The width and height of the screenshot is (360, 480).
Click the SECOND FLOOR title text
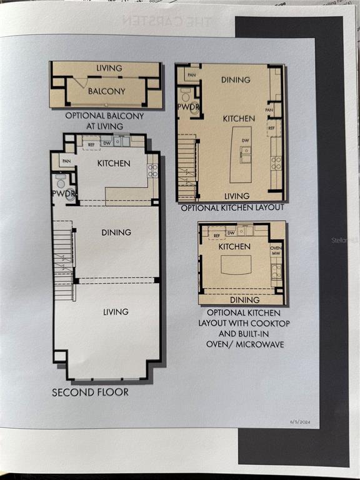(x=90, y=392)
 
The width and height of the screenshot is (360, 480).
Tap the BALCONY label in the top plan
(x=106, y=91)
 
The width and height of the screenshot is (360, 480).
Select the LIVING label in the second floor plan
(x=116, y=311)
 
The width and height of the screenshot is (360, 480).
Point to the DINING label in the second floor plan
(x=116, y=232)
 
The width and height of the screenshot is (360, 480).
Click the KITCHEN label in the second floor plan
(x=114, y=164)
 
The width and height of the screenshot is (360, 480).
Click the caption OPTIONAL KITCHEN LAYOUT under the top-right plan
(x=231, y=207)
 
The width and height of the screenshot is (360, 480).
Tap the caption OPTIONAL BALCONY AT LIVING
(x=105, y=121)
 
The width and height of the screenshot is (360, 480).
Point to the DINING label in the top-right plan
(x=236, y=80)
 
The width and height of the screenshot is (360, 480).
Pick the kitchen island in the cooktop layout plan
(x=236, y=265)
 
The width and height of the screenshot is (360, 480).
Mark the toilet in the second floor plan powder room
(x=61, y=182)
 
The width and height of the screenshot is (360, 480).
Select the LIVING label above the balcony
(x=109, y=68)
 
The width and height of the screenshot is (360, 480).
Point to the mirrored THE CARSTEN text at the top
(x=167, y=21)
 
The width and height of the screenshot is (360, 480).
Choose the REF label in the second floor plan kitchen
(x=91, y=144)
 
